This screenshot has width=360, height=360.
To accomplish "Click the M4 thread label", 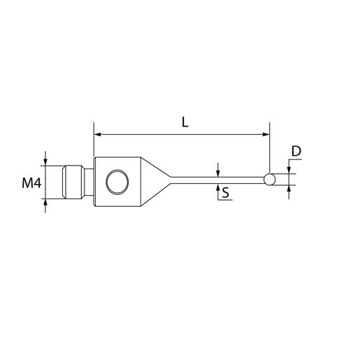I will (x=31, y=184).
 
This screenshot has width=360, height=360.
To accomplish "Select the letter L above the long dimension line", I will (x=185, y=122).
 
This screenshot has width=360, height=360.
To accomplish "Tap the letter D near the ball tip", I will (x=296, y=151).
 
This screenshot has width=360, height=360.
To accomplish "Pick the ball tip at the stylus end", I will (x=270, y=180).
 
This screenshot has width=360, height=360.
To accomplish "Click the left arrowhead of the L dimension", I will (x=97, y=134).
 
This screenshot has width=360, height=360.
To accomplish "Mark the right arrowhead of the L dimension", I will (x=265, y=134).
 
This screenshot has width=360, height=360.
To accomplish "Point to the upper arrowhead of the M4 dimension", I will (x=46, y=161).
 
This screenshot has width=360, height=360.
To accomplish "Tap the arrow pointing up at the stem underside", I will (x=219, y=187).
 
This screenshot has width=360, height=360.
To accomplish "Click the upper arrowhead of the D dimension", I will (x=288, y=170).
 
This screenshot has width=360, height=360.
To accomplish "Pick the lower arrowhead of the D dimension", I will (x=288, y=189).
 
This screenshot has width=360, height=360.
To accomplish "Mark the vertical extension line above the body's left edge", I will (x=93, y=143).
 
